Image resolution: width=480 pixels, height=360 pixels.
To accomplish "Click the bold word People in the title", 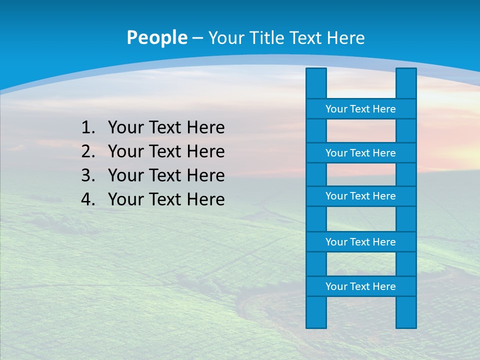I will (156, 37).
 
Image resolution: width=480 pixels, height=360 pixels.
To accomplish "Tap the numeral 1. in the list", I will (88, 128).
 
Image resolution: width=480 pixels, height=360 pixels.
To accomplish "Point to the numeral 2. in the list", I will (88, 151).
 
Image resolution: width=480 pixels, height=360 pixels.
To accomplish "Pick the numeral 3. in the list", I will (88, 175).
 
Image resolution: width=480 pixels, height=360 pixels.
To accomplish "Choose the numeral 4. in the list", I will (88, 199).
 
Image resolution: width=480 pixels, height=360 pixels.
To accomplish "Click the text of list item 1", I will (166, 128).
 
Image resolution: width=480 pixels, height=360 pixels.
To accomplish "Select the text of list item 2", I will (166, 151).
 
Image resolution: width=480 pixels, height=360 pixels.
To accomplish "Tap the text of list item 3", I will (166, 175).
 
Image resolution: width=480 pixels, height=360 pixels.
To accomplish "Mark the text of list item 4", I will (166, 199).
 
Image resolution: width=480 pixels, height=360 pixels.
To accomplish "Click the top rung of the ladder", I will (360, 109).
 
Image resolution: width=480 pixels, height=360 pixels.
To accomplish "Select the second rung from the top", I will (360, 153).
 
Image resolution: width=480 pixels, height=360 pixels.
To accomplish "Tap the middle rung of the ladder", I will (360, 196).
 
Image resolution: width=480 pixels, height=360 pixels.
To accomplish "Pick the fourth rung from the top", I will (360, 242).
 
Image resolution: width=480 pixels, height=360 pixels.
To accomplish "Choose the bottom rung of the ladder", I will (360, 286).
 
